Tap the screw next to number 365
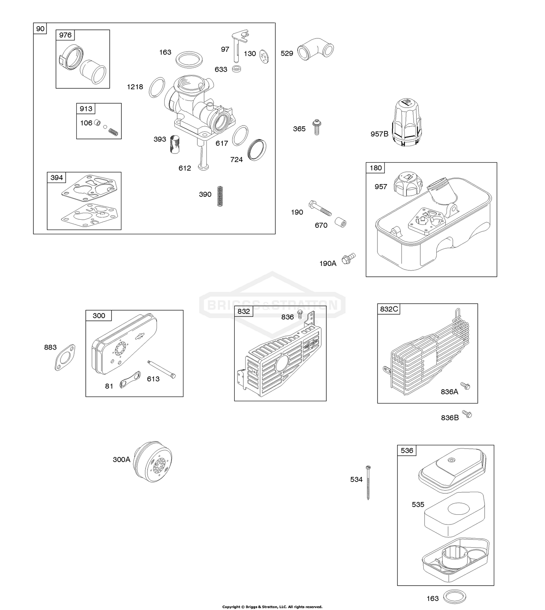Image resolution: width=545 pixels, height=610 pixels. pos(317,127)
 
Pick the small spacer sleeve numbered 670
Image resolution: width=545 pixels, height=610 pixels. pos(340,222)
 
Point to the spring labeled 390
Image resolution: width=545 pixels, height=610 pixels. pos(220,196)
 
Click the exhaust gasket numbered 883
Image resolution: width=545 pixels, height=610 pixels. pos(65,358)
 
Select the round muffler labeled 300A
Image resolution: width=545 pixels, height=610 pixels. pos(153,462)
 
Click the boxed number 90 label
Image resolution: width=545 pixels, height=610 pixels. pos(40,29)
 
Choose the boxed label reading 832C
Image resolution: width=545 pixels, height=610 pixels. pos(389,309)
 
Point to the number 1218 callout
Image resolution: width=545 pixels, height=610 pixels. pos(135,87)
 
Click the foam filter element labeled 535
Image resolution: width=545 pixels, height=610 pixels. pos(455,513)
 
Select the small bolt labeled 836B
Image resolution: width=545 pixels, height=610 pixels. pos(468,414)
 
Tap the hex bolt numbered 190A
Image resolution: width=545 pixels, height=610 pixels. pos(348,259)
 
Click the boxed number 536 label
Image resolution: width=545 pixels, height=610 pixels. pos(407,450)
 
